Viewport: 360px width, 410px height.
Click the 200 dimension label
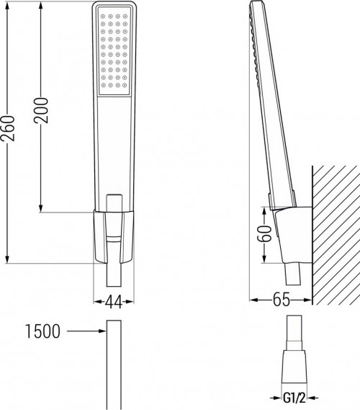tap(42, 110)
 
